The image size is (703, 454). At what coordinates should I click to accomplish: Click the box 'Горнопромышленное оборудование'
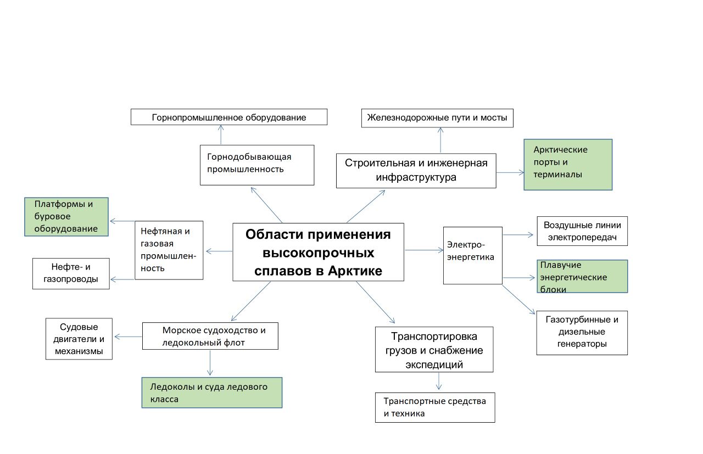(x=229, y=117)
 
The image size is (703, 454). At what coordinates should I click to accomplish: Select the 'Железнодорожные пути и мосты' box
(x=437, y=118)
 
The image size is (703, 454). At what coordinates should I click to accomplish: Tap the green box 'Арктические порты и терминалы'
(x=568, y=164)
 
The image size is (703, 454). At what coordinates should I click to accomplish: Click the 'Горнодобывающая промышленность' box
(x=256, y=165)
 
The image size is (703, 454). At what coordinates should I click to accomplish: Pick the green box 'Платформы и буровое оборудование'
(x=66, y=216)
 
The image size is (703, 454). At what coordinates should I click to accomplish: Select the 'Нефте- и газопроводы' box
(x=71, y=273)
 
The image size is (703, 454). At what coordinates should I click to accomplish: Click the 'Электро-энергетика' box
(x=473, y=255)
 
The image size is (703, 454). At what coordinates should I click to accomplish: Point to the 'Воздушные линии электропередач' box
(x=582, y=231)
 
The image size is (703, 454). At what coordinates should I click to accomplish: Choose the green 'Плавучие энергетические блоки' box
(x=582, y=276)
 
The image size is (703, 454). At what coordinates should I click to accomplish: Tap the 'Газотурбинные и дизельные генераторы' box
(x=582, y=333)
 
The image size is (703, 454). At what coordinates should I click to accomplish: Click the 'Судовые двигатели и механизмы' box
(x=79, y=339)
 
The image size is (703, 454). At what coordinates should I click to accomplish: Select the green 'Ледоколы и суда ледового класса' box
(x=212, y=392)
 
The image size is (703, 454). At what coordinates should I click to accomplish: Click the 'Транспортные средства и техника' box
(x=434, y=407)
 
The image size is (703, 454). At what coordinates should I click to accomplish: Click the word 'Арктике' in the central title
(x=355, y=271)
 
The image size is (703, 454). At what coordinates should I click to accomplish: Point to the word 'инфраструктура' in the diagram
(x=416, y=177)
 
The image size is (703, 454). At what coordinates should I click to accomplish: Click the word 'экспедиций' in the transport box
(x=434, y=365)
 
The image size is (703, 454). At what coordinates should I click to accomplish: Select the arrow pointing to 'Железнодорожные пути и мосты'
(x=440, y=140)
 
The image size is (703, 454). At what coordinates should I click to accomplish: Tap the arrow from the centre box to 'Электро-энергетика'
(x=423, y=250)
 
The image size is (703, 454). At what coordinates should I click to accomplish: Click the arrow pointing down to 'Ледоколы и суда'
(x=210, y=363)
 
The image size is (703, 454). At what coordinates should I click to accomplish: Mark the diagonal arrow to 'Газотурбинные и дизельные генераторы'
(x=518, y=299)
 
